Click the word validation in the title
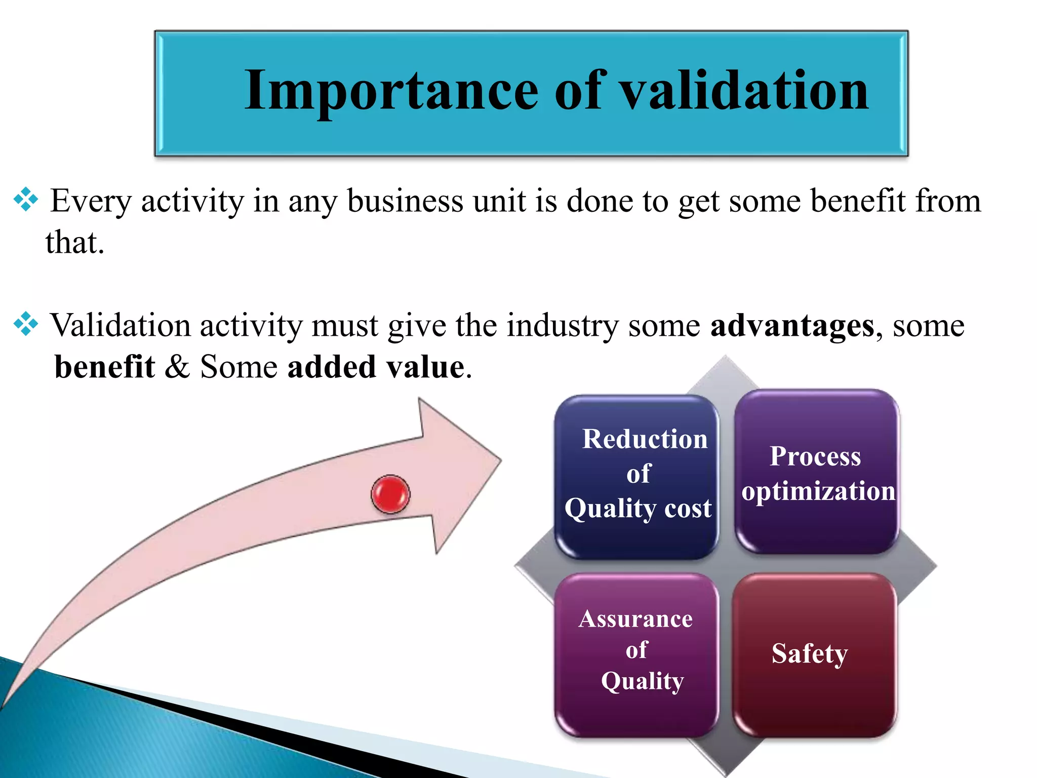point(744,91)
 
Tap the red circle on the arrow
point(390,494)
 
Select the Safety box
point(814,654)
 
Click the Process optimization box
point(816,472)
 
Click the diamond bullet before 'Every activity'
point(26,200)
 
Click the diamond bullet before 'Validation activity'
point(26,324)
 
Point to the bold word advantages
point(792,325)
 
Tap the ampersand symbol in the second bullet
point(177,367)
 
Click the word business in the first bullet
point(405,201)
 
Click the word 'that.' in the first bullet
point(74,242)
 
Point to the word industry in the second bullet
point(562,325)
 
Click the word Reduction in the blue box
point(645,439)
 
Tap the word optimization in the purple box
point(818,491)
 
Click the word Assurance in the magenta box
point(635,619)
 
